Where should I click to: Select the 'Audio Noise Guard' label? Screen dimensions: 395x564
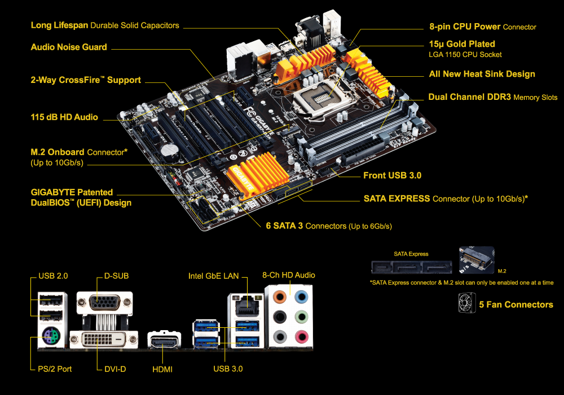pos(69,47)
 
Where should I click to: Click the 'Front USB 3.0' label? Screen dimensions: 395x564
pos(392,175)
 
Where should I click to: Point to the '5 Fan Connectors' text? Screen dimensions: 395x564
pos(516,305)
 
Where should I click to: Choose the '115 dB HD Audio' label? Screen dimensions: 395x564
pos(64,117)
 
